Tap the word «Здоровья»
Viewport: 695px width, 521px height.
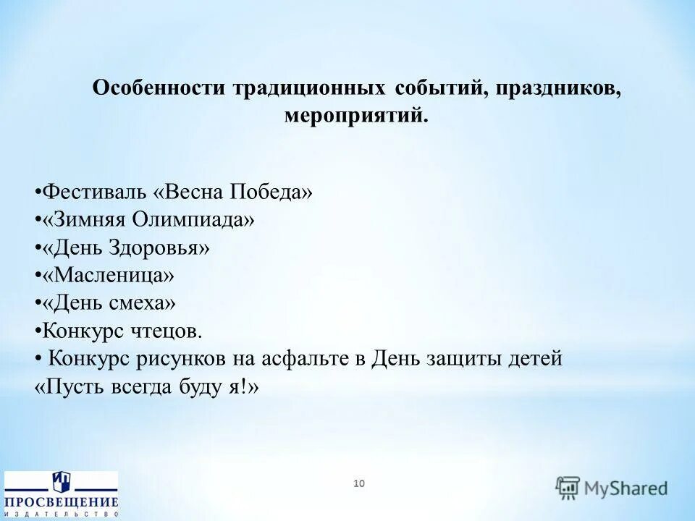pyautogui.click(x=160, y=247)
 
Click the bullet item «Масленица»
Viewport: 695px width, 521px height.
pyautogui.click(x=108, y=275)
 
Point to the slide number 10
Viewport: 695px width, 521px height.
pyautogui.click(x=359, y=483)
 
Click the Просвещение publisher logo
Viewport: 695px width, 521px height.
pyautogui.click(x=61, y=494)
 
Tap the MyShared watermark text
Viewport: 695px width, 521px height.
pyautogui.click(x=626, y=488)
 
